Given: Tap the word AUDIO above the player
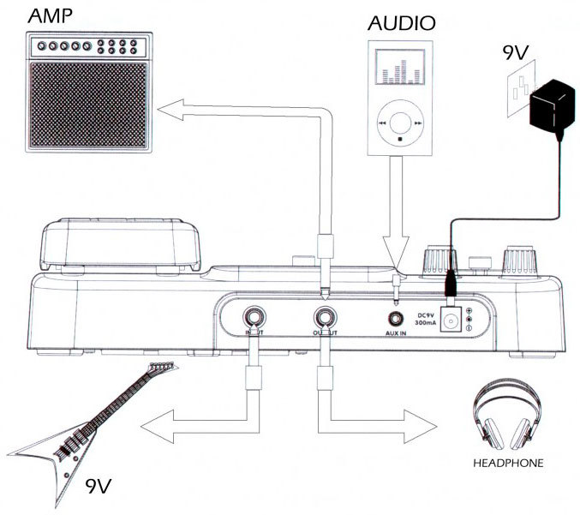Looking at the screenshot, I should [x=402, y=22].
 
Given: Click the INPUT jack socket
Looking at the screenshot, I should [x=254, y=315].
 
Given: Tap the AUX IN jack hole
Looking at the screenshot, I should [x=396, y=316].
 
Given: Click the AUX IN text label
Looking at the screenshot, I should [x=396, y=337].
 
